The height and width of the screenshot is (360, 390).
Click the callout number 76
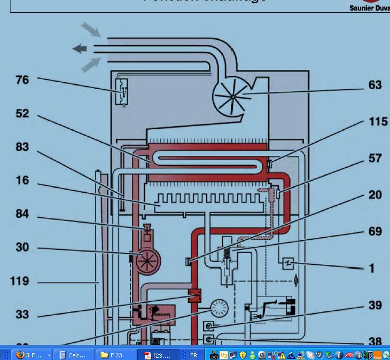click(x=22, y=80)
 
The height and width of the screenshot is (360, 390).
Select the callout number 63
click(x=375, y=85)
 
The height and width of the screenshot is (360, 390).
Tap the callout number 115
click(x=378, y=122)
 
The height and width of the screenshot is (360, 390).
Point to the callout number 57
click(x=375, y=159)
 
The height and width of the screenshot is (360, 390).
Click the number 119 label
click(x=19, y=281)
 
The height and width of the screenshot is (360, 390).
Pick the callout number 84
click(x=22, y=214)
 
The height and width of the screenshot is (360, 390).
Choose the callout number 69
click(x=375, y=231)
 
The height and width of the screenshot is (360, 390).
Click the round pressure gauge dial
click(x=220, y=309)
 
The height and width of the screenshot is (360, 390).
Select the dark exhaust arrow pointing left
click(x=80, y=49)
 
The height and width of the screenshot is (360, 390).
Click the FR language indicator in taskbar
click(x=193, y=355)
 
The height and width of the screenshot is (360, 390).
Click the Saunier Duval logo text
click(x=369, y=8)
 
